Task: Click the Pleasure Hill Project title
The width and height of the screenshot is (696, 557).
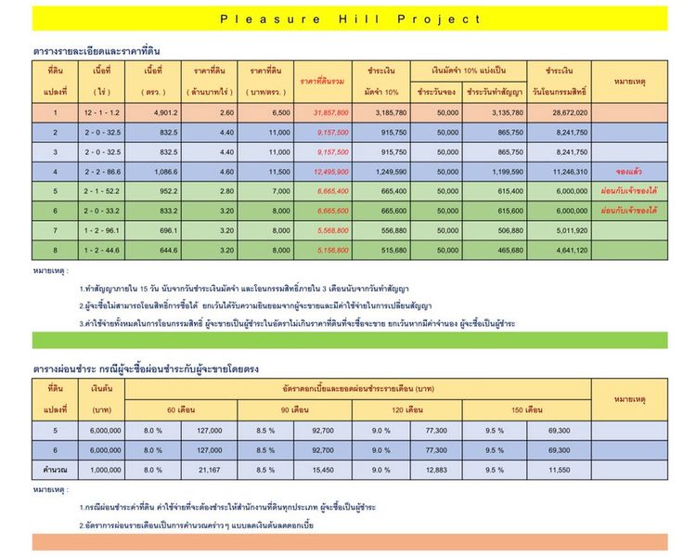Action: [351, 19]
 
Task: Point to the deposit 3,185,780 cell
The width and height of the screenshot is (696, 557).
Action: [381, 113]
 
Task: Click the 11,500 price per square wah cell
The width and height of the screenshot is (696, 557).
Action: [266, 172]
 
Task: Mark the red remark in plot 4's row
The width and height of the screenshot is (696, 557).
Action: [629, 172]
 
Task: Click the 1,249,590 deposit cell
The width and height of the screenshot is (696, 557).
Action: [381, 172]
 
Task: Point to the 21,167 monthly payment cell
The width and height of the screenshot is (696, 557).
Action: [209, 471]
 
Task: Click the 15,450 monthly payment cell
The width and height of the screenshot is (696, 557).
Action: [324, 471]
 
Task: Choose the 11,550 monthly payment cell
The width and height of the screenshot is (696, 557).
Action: [558, 471]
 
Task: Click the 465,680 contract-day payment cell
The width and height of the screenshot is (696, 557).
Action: [496, 251]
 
